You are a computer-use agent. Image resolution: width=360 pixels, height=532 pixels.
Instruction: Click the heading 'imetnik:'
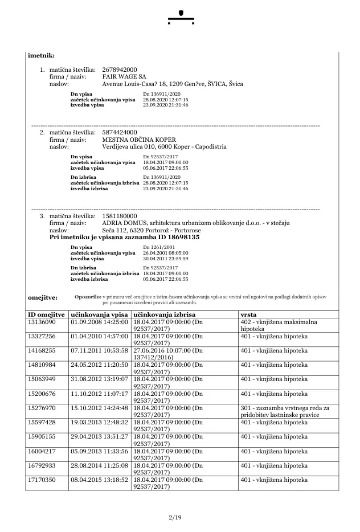point(41,55)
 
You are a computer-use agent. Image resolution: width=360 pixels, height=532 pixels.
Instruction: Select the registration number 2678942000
point(119,70)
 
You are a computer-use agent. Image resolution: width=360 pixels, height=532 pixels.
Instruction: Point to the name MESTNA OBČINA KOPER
point(139,140)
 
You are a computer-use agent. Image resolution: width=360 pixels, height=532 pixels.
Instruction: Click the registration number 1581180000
point(119,216)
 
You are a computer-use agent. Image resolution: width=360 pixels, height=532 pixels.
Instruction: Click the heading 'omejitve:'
point(42,297)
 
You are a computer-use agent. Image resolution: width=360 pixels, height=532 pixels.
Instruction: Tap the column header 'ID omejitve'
point(46,314)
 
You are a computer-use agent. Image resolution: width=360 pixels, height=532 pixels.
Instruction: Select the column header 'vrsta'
point(248,314)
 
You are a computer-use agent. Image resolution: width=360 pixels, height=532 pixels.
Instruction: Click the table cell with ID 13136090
point(42,322)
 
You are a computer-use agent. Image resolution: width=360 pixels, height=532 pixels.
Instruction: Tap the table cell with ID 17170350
point(42,480)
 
